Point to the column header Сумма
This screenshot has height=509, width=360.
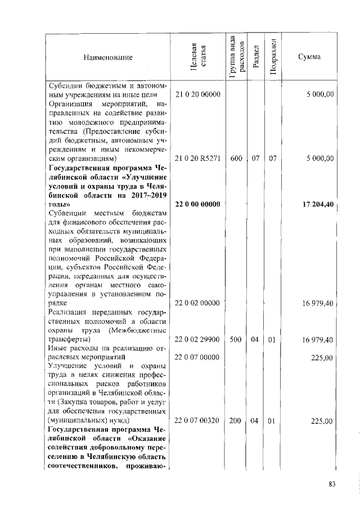tap(311, 57)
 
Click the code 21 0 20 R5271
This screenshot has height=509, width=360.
tap(197, 159)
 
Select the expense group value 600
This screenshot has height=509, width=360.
tap(236, 159)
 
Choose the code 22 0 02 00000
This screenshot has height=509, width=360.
tap(197, 303)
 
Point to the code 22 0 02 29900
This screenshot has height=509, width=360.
tap(197, 340)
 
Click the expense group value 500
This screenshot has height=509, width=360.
tap(236, 340)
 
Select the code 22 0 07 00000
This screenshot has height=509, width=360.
tap(197, 357)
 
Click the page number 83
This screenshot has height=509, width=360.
tap(332, 485)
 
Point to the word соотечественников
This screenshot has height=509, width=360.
tap(87, 466)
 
